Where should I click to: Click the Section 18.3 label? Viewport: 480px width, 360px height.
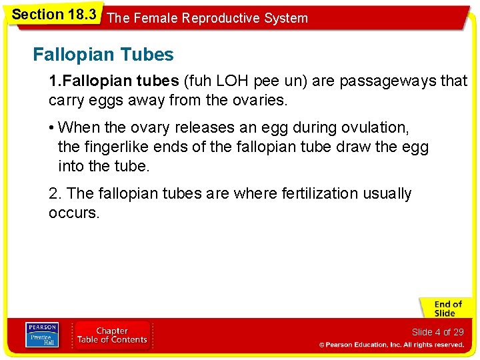click(54, 15)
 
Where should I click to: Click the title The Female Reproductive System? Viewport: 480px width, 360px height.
click(207, 18)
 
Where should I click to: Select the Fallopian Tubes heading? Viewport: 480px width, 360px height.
click(103, 55)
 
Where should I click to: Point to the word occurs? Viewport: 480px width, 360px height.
click(73, 213)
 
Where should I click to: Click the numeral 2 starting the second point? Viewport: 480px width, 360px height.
click(53, 193)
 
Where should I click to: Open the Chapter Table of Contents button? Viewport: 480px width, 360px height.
click(112, 335)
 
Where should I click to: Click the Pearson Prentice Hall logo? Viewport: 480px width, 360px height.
click(42, 335)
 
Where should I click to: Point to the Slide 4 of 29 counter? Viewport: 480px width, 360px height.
click(437, 331)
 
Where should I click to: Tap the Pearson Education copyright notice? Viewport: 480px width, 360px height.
click(391, 345)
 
